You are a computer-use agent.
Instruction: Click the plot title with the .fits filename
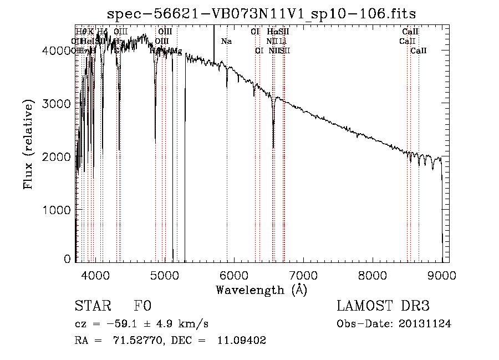pos(261,14)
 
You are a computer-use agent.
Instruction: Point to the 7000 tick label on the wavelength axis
pos(303,275)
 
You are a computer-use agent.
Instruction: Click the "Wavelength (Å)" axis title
pos(261,290)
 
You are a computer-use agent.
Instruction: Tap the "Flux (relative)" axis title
pos(28,144)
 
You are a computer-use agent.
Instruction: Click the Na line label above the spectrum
pos(226,42)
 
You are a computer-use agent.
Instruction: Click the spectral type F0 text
pos(142,306)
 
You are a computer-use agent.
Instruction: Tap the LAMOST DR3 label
pos(383,306)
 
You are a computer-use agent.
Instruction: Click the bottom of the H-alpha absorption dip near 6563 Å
pos(273,146)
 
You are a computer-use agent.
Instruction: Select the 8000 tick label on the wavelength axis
pos(373,275)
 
